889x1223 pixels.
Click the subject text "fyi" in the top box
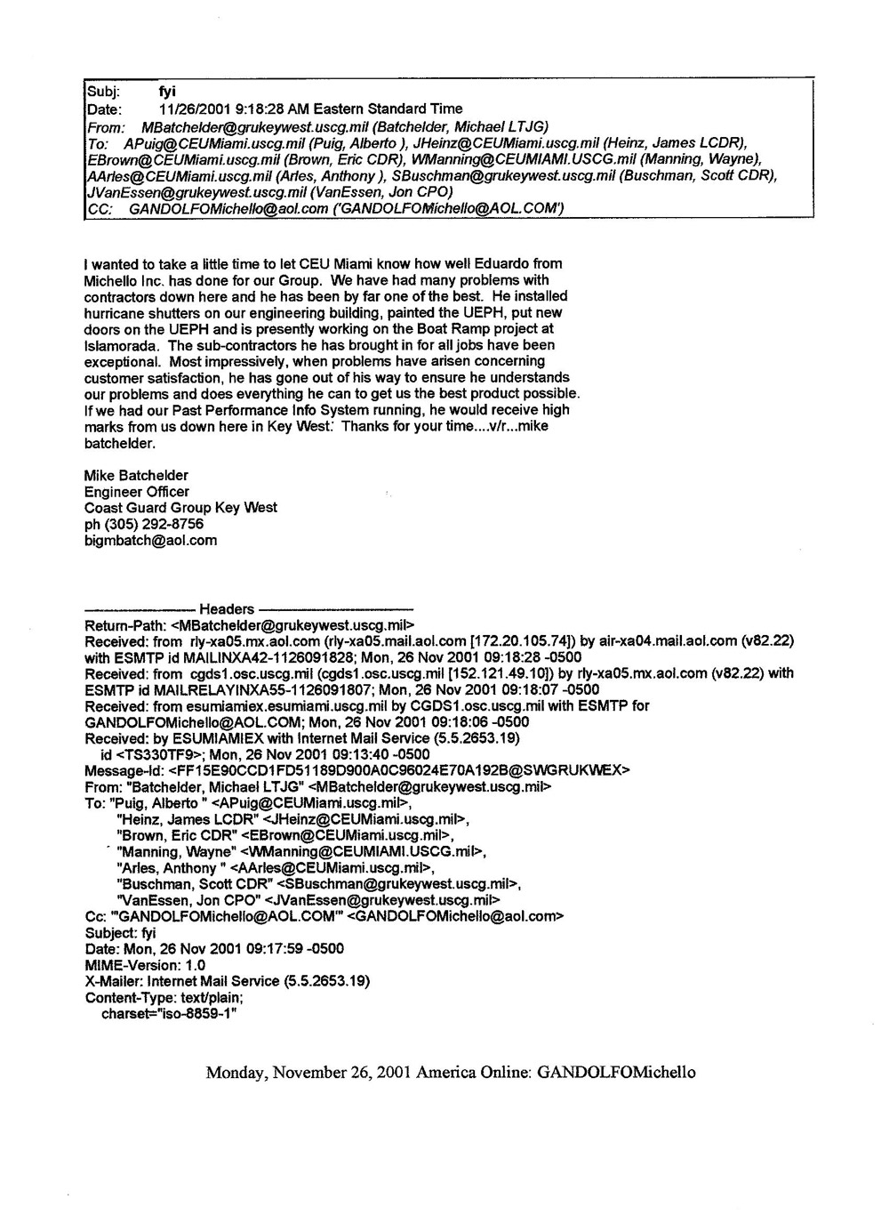tap(166, 92)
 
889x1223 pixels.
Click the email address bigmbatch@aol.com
tap(150, 540)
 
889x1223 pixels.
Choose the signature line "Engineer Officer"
tap(136, 492)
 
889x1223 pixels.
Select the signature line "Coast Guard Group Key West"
tap(180, 508)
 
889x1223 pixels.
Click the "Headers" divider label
tap(227, 609)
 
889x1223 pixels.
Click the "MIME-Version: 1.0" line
tap(145, 965)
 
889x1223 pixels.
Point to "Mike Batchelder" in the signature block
tap(136, 476)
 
